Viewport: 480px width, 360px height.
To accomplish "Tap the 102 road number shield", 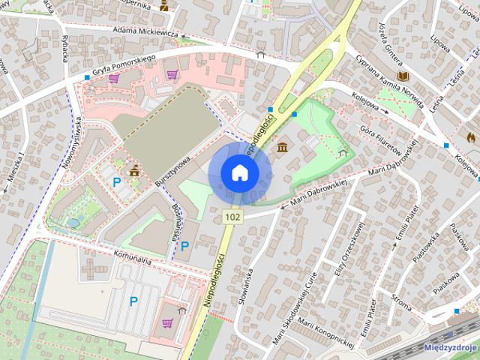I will [232, 217].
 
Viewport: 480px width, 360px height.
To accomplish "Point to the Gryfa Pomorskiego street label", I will [124, 67].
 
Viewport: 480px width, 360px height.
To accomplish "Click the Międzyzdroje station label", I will [450, 347].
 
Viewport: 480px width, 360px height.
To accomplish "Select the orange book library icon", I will [403, 76].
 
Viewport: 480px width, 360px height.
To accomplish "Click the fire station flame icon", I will [470, 137].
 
